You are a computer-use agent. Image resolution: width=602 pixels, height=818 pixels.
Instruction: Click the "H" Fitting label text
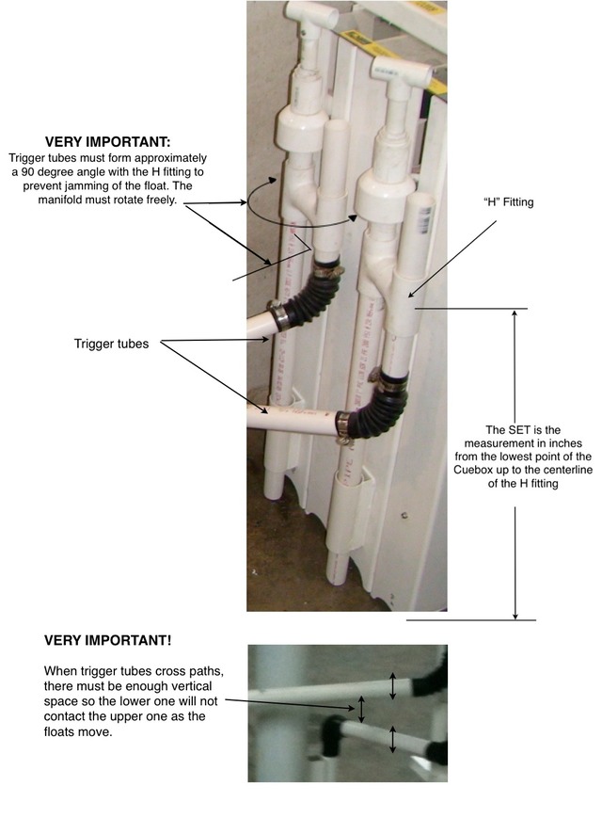(x=508, y=201)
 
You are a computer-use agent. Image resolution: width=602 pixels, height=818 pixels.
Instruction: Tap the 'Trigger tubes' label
(x=112, y=344)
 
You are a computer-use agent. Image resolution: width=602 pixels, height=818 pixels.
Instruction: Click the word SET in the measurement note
(x=519, y=430)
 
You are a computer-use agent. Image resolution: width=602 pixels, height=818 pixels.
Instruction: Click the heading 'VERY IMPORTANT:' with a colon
(x=107, y=142)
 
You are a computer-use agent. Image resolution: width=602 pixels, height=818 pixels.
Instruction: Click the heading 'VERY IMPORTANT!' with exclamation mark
(x=107, y=640)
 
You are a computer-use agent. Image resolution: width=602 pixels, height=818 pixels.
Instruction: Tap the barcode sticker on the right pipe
(x=426, y=216)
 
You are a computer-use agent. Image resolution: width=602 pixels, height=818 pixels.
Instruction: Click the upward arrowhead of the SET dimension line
(x=515, y=313)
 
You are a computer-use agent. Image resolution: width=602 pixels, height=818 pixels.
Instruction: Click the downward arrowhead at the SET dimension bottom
(x=515, y=615)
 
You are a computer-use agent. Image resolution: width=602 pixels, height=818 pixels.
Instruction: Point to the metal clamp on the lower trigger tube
(x=342, y=425)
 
